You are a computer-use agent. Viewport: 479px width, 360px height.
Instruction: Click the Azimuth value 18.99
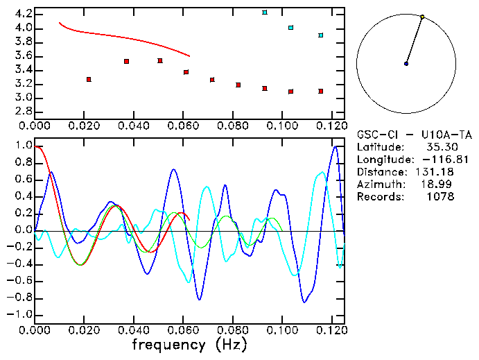point(440,185)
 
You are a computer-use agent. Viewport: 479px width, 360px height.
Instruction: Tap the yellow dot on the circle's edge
point(422,17)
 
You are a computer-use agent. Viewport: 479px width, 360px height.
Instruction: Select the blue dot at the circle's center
point(406,64)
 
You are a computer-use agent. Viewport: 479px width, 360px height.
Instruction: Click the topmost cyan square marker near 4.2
point(265,12)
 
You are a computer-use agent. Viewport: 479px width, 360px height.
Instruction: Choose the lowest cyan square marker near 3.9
point(320,35)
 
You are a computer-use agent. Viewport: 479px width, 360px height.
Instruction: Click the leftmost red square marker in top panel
point(89,80)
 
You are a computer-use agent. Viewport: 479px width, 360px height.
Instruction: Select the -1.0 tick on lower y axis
point(21,314)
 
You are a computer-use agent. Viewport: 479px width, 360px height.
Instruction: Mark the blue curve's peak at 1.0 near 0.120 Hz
point(336,146)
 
